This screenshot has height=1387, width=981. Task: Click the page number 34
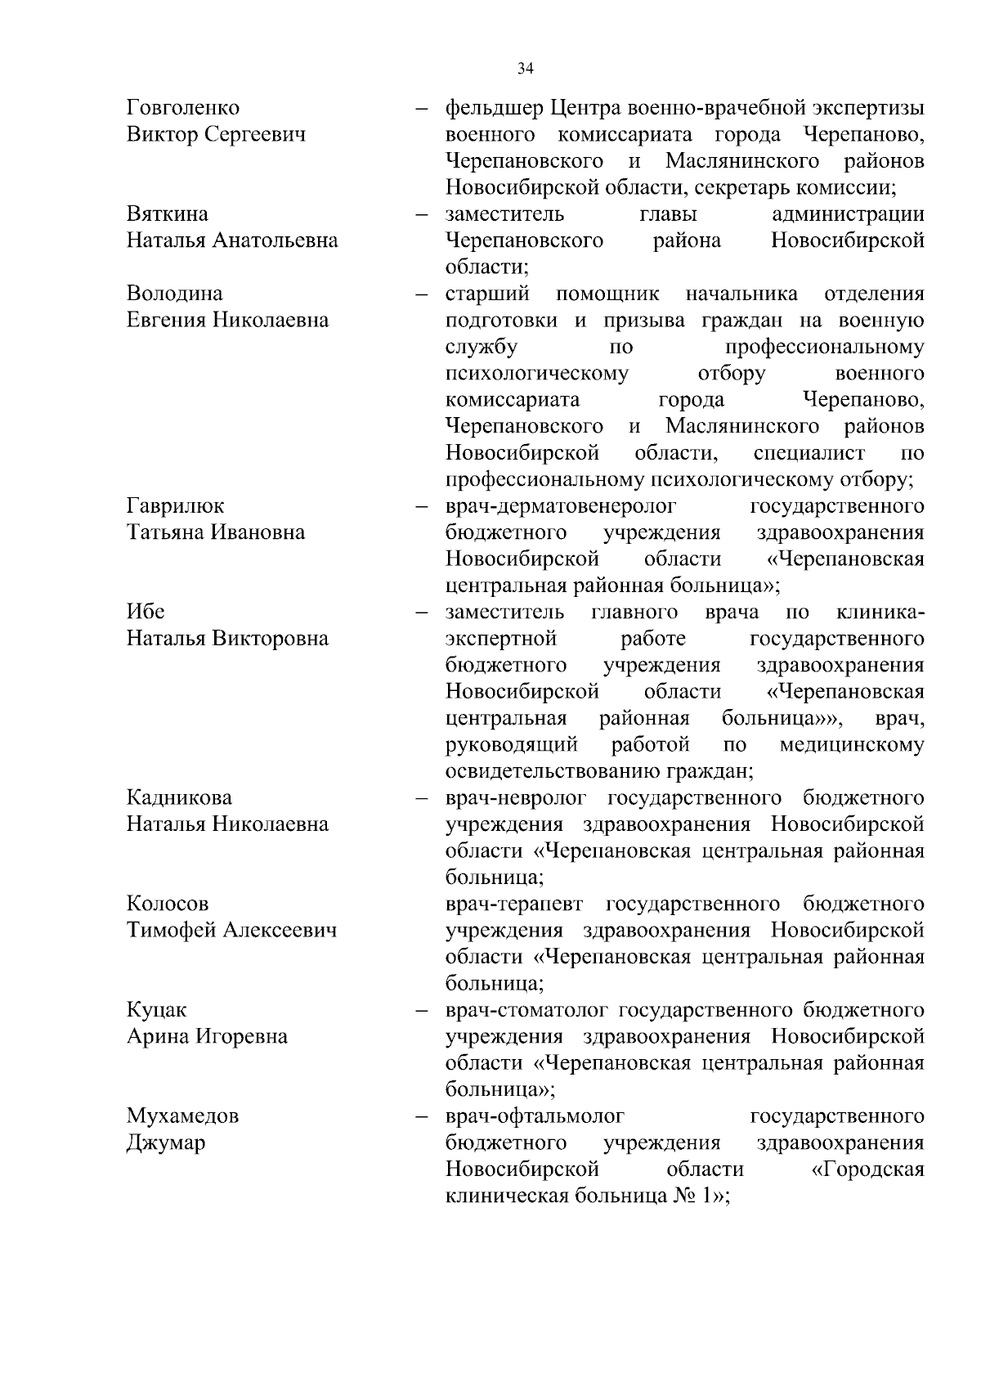(526, 69)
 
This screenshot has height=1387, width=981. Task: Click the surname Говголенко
(183, 108)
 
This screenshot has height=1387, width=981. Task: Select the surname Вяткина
(168, 214)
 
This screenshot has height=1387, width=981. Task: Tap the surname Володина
(174, 294)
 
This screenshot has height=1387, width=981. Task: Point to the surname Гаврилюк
(175, 506)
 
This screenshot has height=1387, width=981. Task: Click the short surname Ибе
(146, 612)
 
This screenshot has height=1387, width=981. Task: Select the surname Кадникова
(179, 797)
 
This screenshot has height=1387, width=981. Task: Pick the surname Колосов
(168, 904)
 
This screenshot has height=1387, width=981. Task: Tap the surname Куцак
(157, 1010)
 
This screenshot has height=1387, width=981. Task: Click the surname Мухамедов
(182, 1116)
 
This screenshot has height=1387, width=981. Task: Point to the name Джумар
(166, 1143)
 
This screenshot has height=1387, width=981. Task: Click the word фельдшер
(494, 108)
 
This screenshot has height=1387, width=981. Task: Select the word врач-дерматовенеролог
(561, 506)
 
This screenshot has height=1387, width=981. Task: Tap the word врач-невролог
(517, 797)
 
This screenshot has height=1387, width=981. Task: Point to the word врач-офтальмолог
(535, 1116)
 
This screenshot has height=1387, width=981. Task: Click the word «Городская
(867, 1169)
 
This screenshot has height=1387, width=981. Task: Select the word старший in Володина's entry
(487, 294)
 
